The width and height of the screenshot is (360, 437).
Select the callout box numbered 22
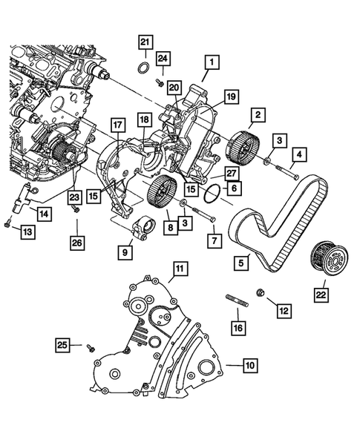click(319, 295)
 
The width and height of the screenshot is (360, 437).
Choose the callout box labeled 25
click(65, 344)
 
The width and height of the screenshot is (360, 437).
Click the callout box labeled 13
click(27, 233)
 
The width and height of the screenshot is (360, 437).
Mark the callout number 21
click(145, 42)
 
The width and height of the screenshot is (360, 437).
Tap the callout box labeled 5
click(241, 261)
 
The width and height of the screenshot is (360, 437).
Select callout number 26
click(77, 242)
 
